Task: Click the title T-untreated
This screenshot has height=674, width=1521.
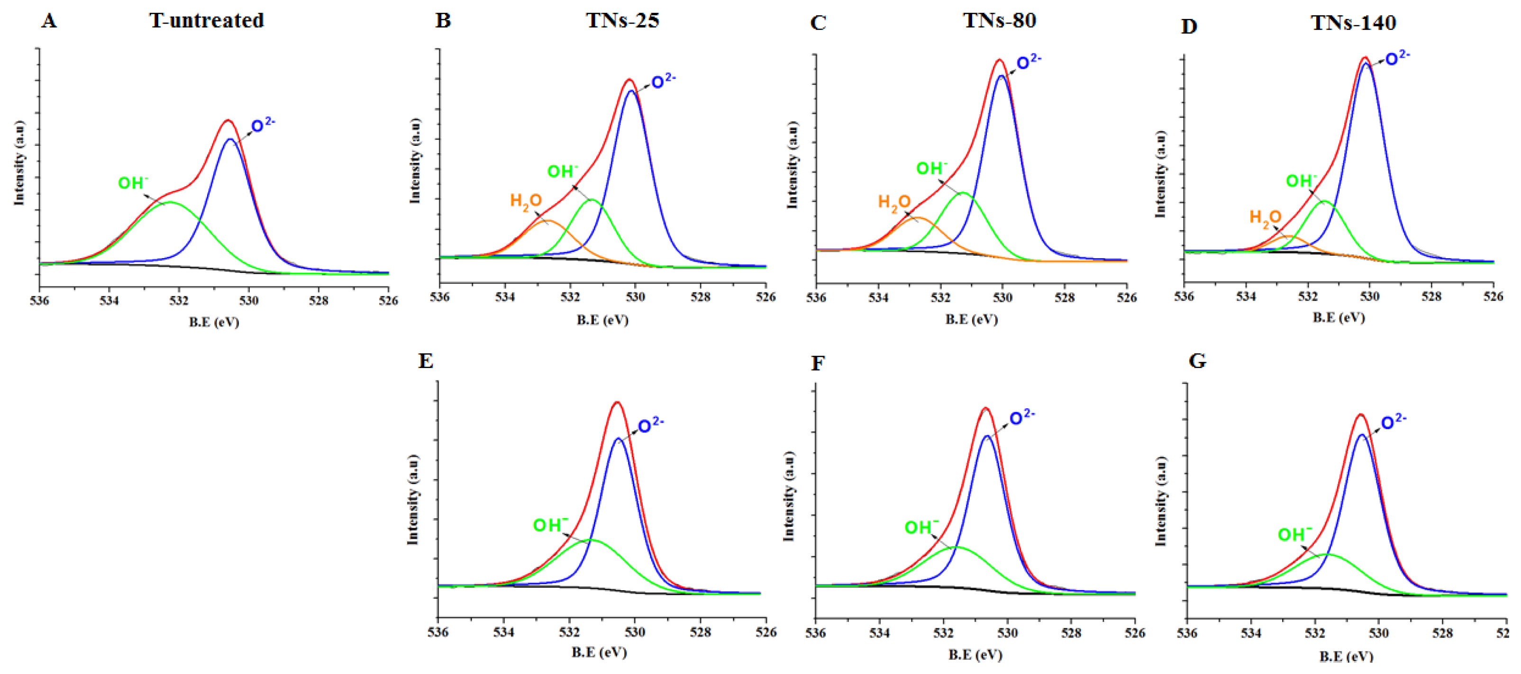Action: pyautogui.click(x=206, y=21)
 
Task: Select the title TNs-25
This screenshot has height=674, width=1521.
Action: pyautogui.click(x=622, y=21)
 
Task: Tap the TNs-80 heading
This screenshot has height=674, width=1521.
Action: pyautogui.click(x=1000, y=21)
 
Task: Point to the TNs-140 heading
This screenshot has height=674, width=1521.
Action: pyautogui.click(x=1353, y=23)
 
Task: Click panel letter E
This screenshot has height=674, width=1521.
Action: pyautogui.click(x=426, y=360)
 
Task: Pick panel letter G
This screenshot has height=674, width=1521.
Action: pyautogui.click(x=1197, y=360)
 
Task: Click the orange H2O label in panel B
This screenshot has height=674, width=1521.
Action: pyautogui.click(x=526, y=201)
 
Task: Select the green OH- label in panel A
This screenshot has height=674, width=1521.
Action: pyautogui.click(x=133, y=183)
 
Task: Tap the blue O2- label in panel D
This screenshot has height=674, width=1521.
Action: pyautogui.click(x=1397, y=58)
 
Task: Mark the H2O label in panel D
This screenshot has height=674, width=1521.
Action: pyautogui.click(x=1265, y=218)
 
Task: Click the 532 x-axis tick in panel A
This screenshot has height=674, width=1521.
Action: pyautogui.click(x=178, y=301)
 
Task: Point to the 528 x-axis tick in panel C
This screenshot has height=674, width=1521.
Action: pyautogui.click(x=1065, y=298)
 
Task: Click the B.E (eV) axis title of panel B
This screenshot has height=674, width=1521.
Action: pyautogui.click(x=602, y=320)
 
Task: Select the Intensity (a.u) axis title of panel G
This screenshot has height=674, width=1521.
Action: pyautogui.click(x=1161, y=501)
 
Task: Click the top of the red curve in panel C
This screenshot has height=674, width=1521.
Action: pyautogui.click(x=999, y=60)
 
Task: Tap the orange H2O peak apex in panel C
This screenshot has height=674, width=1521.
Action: pyautogui.click(x=919, y=218)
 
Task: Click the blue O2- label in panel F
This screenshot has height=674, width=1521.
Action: pyautogui.click(x=1021, y=418)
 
